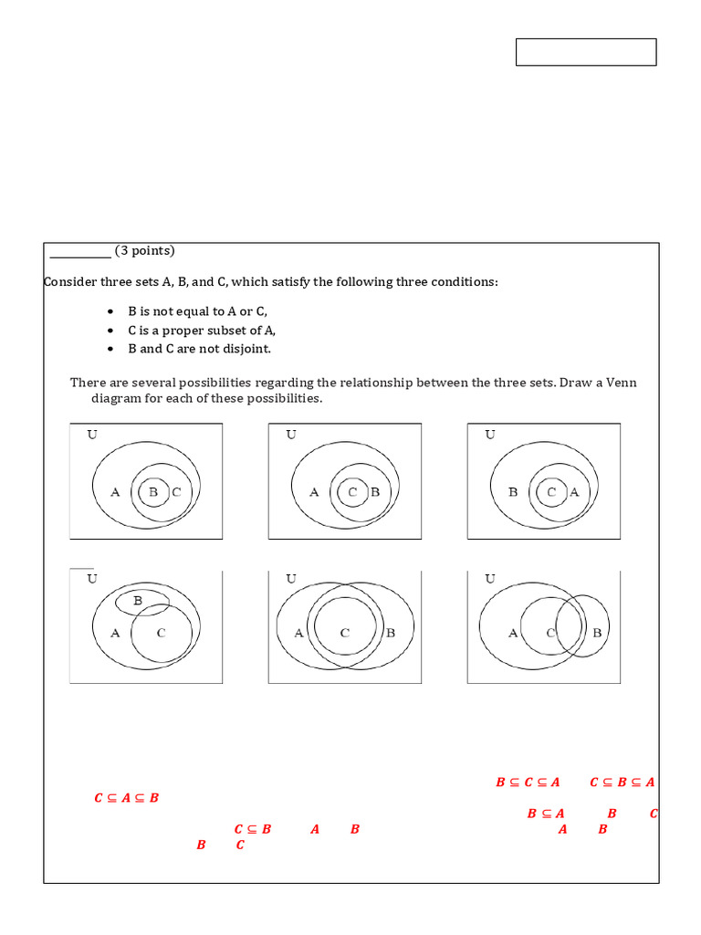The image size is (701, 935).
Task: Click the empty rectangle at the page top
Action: pyautogui.click(x=586, y=52)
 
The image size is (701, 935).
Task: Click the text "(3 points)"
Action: pyautogui.click(x=145, y=251)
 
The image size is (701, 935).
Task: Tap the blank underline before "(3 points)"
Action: pyautogui.click(x=79, y=254)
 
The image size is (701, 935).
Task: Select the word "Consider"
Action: pyautogui.click(x=68, y=282)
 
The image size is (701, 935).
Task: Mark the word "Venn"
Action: pyautogui.click(x=621, y=383)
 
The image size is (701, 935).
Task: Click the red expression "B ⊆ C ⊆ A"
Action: pyautogui.click(x=528, y=783)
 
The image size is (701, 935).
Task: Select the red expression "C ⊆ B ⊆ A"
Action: pyautogui.click(x=623, y=783)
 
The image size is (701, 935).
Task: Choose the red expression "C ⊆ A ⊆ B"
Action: pyautogui.click(x=127, y=798)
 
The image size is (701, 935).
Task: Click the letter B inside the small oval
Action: pyautogui.click(x=138, y=601)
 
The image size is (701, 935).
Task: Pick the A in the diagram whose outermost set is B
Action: pyautogui.click(x=574, y=492)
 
